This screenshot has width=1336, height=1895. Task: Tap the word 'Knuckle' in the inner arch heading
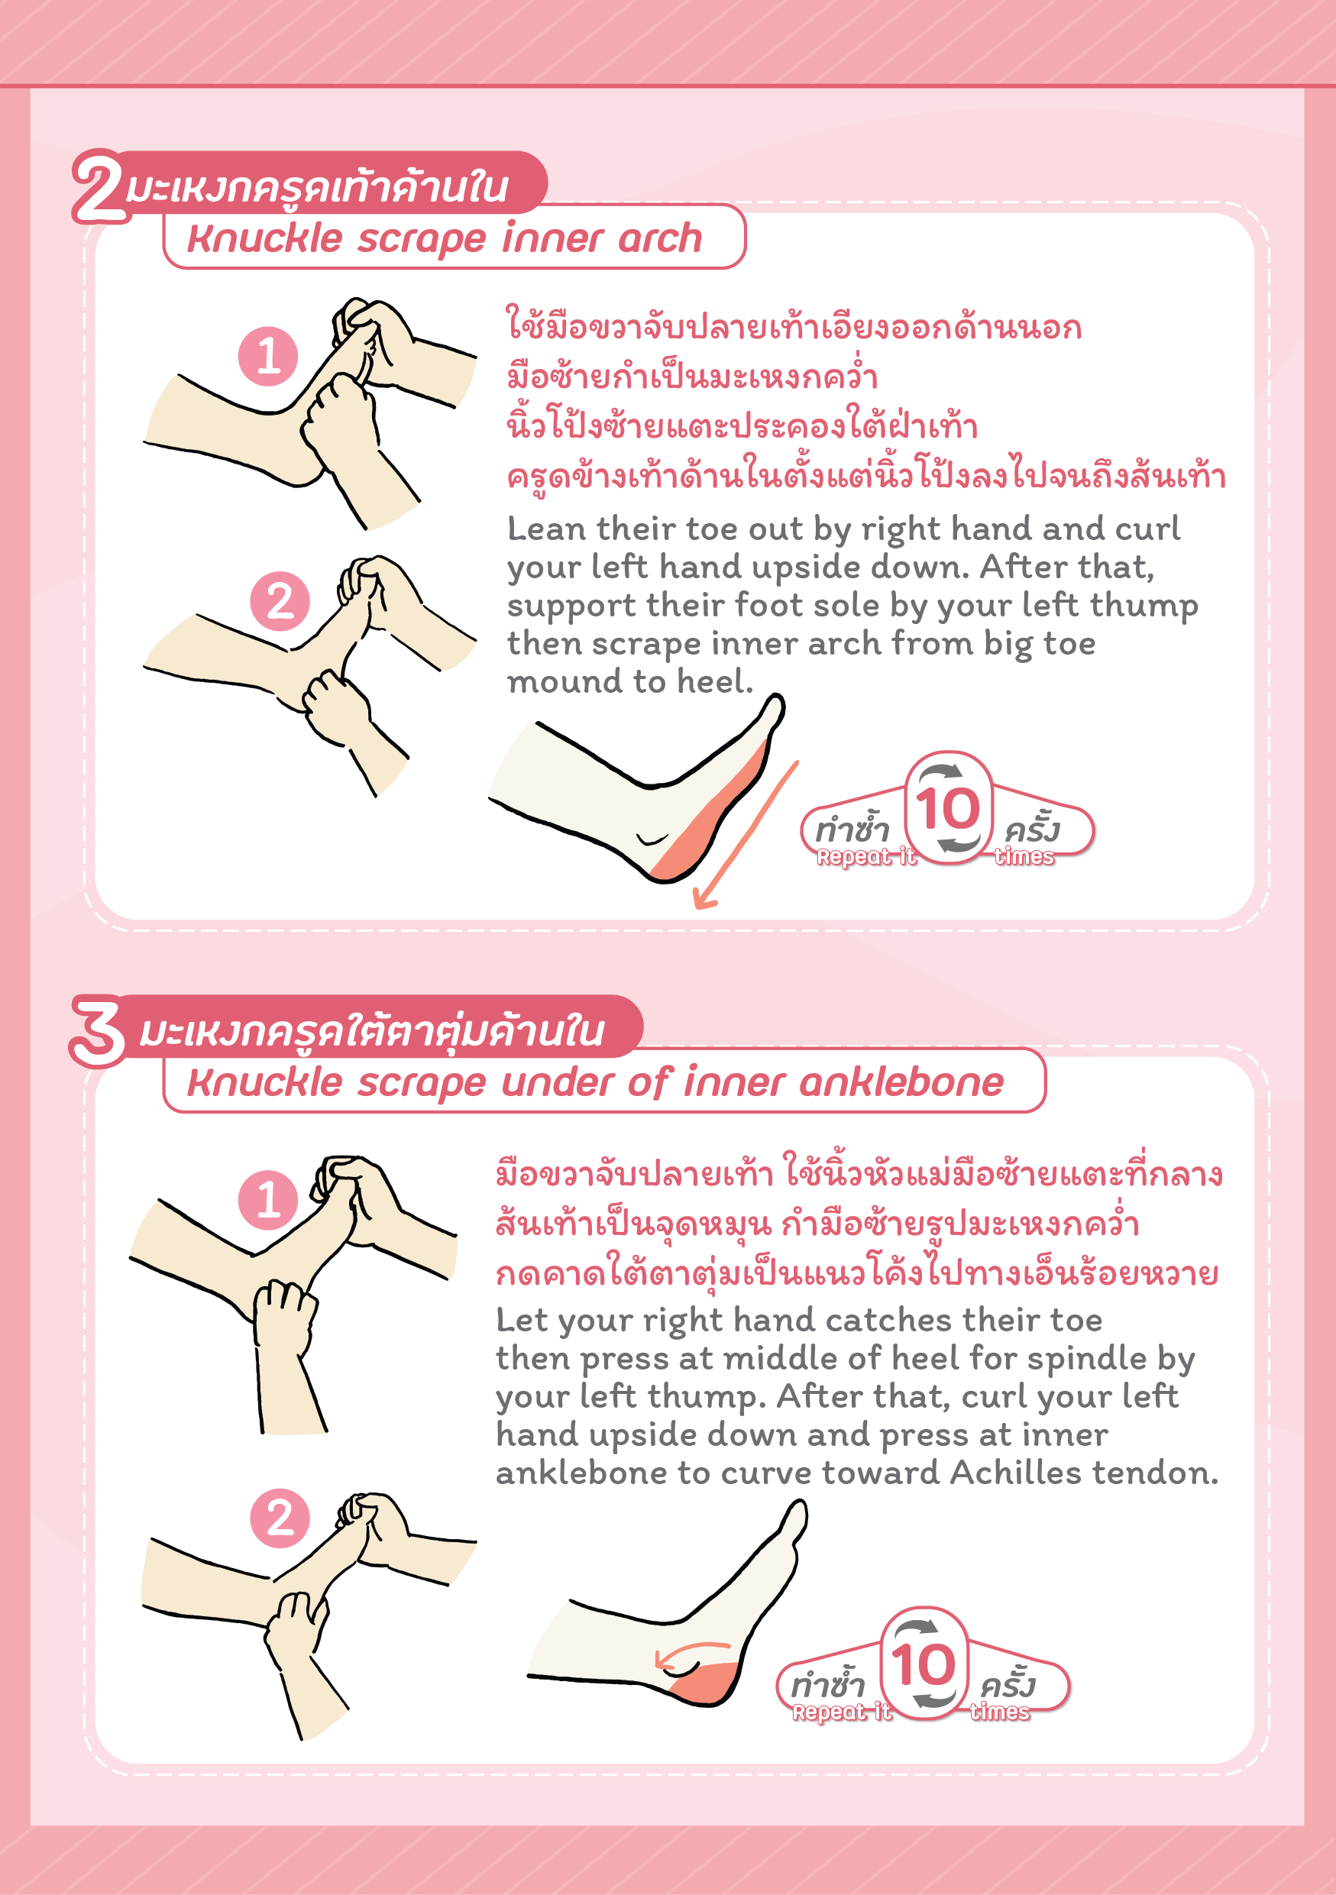tap(265, 238)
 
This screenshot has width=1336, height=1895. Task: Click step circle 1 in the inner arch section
tap(268, 356)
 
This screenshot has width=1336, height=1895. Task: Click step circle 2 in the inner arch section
tap(280, 601)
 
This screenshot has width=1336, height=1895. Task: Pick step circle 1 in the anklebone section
tap(268, 1199)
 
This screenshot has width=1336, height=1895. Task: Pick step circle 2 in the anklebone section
tap(280, 1518)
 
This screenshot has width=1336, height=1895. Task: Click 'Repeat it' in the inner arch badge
tap(866, 857)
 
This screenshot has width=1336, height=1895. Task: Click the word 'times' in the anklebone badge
tap(1000, 1712)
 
